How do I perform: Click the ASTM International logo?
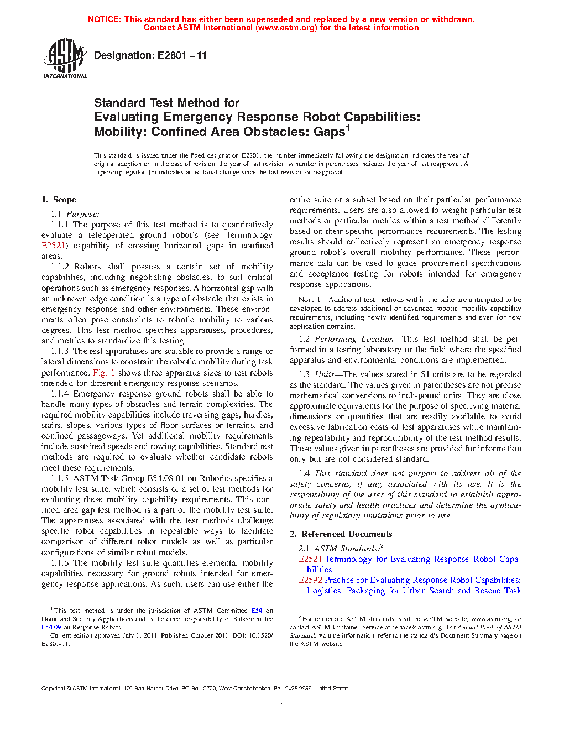pos(65,58)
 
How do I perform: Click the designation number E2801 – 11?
pos(182,55)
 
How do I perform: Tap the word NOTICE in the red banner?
pos(104,19)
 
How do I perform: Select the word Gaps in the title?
pos(329,132)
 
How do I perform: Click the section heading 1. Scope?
pos(59,200)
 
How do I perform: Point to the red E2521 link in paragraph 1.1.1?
pos(54,246)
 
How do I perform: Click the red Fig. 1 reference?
pos(104,373)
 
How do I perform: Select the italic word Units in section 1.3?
pos(325,374)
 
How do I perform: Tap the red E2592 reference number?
pos(310,580)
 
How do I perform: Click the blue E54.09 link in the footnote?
pos(51,627)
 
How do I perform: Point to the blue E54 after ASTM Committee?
pos(257,611)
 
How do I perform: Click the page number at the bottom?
pos(281,702)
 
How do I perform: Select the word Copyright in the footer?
pos(53,689)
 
